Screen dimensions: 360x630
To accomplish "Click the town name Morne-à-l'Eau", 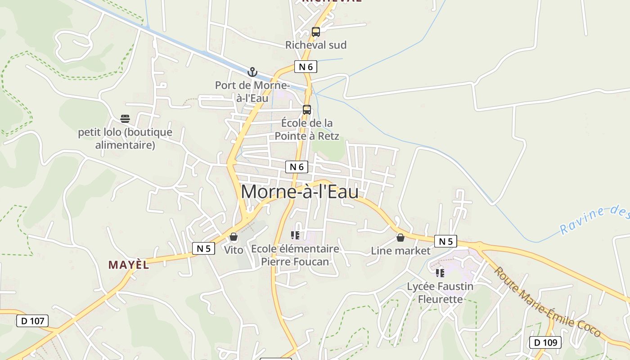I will click(300, 192).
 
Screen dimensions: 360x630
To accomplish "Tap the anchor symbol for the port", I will click(252, 72).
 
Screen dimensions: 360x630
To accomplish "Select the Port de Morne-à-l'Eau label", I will click(252, 91).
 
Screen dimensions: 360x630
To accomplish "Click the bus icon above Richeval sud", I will click(316, 32).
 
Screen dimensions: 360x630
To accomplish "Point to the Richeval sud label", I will click(316, 45).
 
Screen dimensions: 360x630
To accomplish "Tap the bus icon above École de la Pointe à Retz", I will click(307, 110).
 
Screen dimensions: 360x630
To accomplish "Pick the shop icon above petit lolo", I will click(125, 119).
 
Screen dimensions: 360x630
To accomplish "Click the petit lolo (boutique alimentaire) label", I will click(125, 139).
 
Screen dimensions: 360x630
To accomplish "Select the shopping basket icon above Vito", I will click(234, 237).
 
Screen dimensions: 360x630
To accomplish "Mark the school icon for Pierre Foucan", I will click(295, 235).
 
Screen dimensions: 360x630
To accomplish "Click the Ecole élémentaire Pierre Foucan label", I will click(295, 255).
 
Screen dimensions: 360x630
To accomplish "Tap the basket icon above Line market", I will click(400, 238).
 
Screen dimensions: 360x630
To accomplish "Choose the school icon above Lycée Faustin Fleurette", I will click(440, 273).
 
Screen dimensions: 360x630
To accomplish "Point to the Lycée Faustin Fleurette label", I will click(440, 292).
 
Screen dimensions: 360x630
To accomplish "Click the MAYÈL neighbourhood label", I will click(129, 265).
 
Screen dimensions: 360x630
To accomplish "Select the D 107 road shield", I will click(32, 321).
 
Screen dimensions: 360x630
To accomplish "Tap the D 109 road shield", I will click(545, 342).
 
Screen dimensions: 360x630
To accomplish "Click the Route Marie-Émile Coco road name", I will click(547, 302).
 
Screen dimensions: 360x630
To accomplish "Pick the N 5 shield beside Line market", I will click(445, 242).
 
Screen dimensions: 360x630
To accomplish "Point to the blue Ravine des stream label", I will click(594, 219).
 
